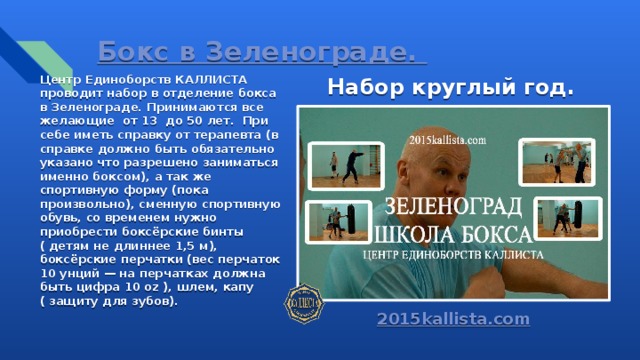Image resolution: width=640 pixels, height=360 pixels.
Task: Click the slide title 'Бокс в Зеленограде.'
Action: point(256,50)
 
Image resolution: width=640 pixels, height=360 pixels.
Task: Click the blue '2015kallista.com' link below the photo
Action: point(453,319)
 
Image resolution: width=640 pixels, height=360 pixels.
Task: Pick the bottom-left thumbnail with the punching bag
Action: point(326,221)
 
